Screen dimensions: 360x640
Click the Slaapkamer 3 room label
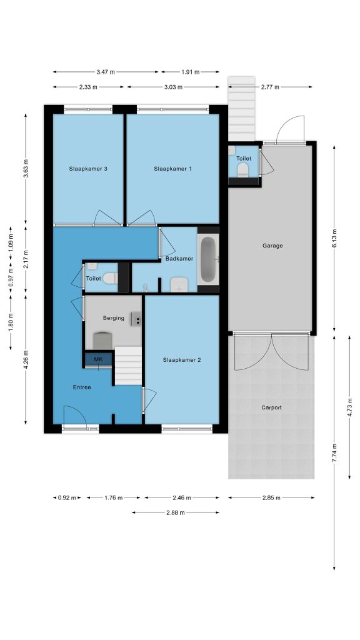point(88,169)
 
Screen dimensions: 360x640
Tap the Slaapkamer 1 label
point(172,169)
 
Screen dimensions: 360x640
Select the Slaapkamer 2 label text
point(182,360)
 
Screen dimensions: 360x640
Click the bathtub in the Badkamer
point(208,259)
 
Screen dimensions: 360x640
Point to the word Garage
point(272,246)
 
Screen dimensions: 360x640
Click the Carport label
point(271,407)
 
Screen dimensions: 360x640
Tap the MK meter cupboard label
point(98,359)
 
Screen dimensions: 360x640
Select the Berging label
point(114,318)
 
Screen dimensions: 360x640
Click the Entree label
point(82,387)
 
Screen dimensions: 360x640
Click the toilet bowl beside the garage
point(243,170)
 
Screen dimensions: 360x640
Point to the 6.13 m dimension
point(334,239)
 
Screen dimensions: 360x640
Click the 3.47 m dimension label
point(106,72)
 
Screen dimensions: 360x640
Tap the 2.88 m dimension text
point(176,512)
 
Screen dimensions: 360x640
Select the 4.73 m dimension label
point(349,407)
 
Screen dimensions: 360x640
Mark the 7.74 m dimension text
point(334,452)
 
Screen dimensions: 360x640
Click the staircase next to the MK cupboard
point(128,366)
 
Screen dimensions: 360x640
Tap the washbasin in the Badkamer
point(179,285)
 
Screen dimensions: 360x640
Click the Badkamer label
point(179,258)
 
